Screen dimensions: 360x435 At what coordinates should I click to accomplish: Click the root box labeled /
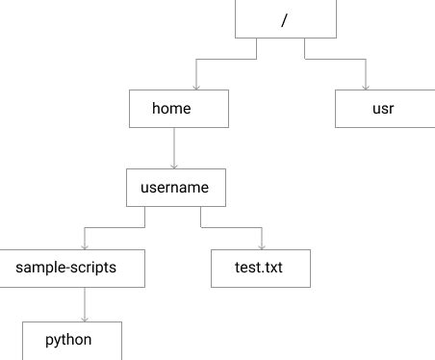pos(286,19)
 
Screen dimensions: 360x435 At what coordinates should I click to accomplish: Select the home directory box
pos(179,109)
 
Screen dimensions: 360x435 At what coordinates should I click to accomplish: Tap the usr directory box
pos(383,109)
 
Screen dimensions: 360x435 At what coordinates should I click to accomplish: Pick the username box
pos(175,189)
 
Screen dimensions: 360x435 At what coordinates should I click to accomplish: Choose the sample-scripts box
pos(73,269)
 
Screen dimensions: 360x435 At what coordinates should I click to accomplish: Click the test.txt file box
pos(260,269)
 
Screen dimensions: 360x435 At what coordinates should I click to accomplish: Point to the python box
pos(73,341)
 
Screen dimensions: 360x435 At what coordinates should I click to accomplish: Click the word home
pos(171,109)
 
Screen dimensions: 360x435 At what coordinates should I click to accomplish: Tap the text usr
pos(383,109)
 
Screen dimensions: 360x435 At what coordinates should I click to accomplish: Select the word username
pos(175,189)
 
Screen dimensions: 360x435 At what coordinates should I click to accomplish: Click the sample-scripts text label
pos(66,269)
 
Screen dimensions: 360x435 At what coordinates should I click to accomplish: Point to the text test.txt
pos(260,269)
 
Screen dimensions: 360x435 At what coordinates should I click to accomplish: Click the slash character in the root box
pos(285,20)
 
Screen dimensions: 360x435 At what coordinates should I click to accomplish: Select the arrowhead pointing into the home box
pos(196,88)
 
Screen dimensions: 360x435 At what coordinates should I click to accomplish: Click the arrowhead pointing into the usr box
pos(366,88)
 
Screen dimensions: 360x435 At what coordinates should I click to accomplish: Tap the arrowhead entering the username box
pos(173,167)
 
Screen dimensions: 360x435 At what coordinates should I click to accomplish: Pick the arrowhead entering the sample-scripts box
pos(85,247)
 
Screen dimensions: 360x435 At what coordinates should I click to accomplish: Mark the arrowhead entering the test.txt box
pos(261,247)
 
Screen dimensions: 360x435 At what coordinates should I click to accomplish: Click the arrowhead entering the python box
pos(85,320)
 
